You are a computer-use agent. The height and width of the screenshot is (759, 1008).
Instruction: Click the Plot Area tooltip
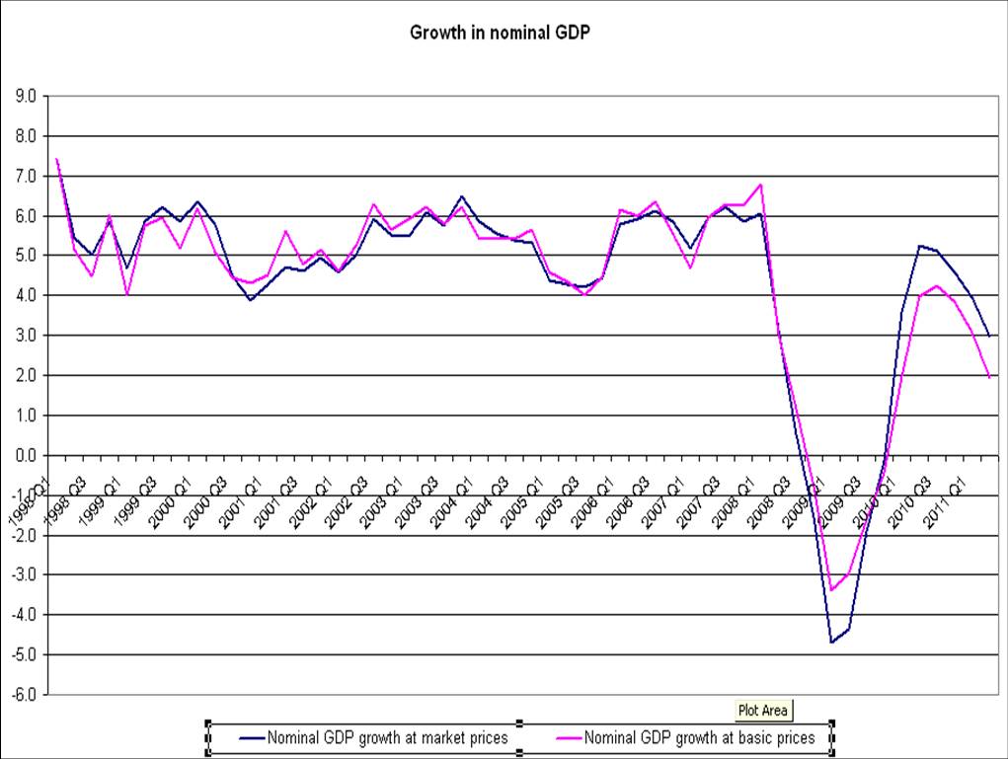tap(765, 710)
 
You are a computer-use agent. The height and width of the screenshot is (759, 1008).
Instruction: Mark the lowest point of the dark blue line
tap(831, 643)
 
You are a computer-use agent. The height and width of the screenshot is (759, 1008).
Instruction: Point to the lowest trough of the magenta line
tap(831, 590)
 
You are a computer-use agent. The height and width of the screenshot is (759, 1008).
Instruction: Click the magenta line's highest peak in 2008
tap(760, 185)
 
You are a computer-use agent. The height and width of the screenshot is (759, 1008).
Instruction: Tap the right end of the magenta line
tap(989, 378)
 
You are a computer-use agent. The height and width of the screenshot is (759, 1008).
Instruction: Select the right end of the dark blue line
tap(989, 337)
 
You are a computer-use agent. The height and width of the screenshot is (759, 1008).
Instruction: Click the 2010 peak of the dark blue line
tap(919, 246)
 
